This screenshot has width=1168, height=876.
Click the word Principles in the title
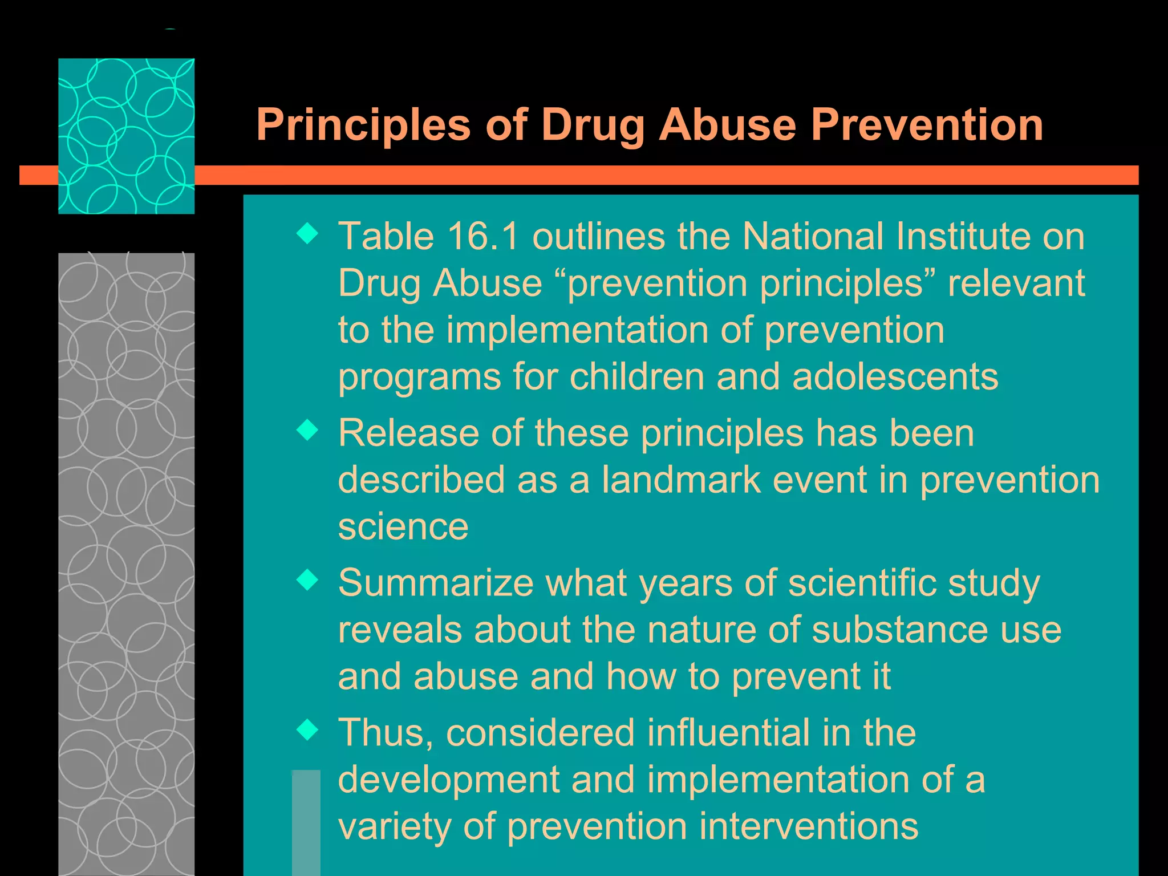click(363, 125)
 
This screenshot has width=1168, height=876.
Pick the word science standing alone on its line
click(403, 526)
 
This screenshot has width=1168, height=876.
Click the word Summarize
click(435, 583)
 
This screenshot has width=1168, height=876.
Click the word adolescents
click(895, 377)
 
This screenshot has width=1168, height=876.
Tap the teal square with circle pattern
click(126, 136)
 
